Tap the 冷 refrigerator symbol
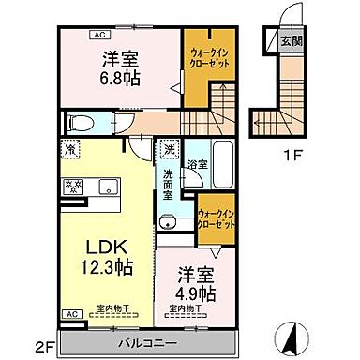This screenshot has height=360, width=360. (x=71, y=147)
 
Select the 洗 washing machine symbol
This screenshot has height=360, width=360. (x=169, y=148)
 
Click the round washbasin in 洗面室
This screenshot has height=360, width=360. (x=167, y=222)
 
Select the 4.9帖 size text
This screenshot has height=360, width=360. (x=195, y=292)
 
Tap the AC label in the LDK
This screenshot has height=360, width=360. (x=69, y=313)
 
